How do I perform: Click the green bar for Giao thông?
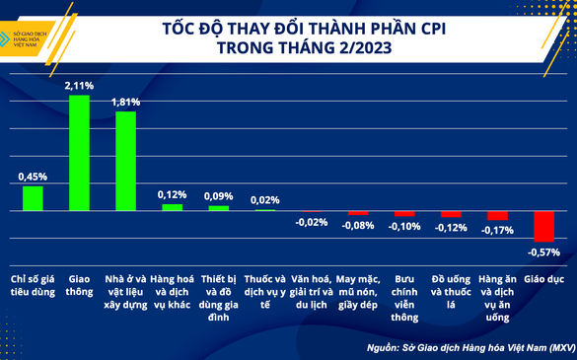click(79, 153)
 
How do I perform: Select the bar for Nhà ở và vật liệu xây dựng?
click(125, 161)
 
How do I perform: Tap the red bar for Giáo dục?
click(542, 226)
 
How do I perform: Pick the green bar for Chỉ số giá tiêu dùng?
click(33, 198)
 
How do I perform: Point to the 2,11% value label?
click(79, 87)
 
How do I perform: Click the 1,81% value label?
click(125, 102)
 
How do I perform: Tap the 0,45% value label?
click(33, 177)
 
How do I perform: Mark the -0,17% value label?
click(496, 231)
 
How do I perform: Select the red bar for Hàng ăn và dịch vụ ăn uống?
click(496, 215)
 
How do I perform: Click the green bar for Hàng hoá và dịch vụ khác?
click(172, 207)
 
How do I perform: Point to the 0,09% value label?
click(218, 195)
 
